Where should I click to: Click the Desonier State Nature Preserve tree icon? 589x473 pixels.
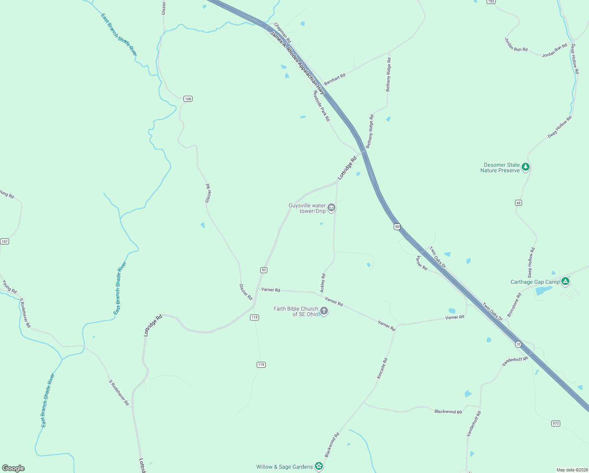(525, 167)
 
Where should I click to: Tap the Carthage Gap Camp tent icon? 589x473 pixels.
(565, 281)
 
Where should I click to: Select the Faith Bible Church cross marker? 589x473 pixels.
(324, 311)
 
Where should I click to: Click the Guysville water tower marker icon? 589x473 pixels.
(332, 208)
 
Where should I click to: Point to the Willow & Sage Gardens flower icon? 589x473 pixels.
(319, 466)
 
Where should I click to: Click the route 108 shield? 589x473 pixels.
(188, 99)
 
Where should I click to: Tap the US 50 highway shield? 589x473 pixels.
(397, 227)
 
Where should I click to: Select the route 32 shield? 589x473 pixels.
(518, 344)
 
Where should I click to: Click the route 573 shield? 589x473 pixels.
(556, 423)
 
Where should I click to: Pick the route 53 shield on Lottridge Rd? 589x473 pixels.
(264, 270)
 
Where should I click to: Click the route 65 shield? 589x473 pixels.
(518, 203)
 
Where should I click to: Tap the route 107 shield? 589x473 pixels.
(4, 241)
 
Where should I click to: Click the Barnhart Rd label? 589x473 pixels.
(335, 78)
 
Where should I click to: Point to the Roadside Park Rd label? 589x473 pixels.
(321, 106)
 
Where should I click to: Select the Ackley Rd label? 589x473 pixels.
(323, 283)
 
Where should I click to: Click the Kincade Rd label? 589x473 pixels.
(382, 369)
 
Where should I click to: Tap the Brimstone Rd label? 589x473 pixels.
(514, 304)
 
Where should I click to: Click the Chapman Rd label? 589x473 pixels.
(282, 33)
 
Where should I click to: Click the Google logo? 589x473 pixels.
(13, 468)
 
